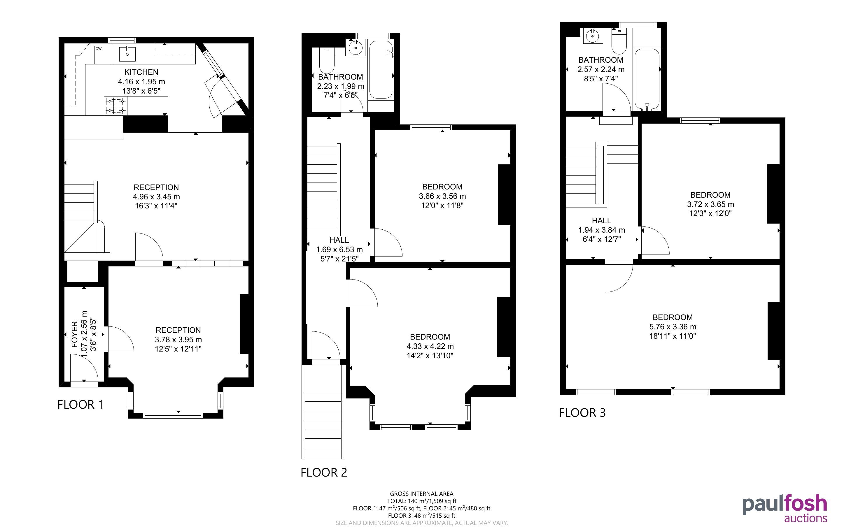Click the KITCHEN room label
[x=141, y=72]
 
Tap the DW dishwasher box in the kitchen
[x=104, y=55]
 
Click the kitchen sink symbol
[x=128, y=53]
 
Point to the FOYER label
[x=75, y=335]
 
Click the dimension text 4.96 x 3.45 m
[x=156, y=196]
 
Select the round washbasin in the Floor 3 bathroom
[x=592, y=36]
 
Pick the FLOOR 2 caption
[x=324, y=472]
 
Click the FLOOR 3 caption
[x=582, y=413]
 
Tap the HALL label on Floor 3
[x=601, y=221]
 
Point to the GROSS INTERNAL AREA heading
[x=421, y=493]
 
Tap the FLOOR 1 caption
[x=80, y=404]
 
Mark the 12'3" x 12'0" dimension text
[x=710, y=213]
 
